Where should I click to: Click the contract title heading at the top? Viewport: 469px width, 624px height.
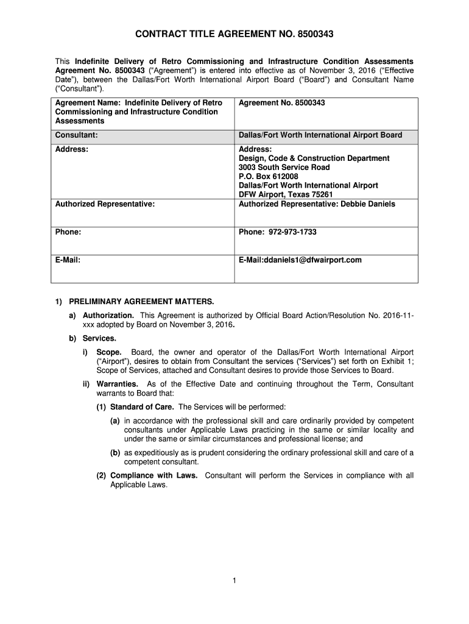tap(234, 35)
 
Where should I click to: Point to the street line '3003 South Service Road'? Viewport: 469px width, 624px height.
tap(284, 167)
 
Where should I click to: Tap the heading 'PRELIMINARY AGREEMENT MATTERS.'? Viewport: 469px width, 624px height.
tap(141, 302)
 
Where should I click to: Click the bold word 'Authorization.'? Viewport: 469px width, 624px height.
tap(108, 315)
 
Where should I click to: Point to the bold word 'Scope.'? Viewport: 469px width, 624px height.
tap(109, 352)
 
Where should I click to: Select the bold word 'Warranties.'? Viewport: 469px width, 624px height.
tap(118, 384)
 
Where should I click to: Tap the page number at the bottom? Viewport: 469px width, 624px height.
tap(234, 580)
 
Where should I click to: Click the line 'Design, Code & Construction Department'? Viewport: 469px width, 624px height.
tap(314, 158)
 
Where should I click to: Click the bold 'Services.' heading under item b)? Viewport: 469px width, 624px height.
tap(99, 338)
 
